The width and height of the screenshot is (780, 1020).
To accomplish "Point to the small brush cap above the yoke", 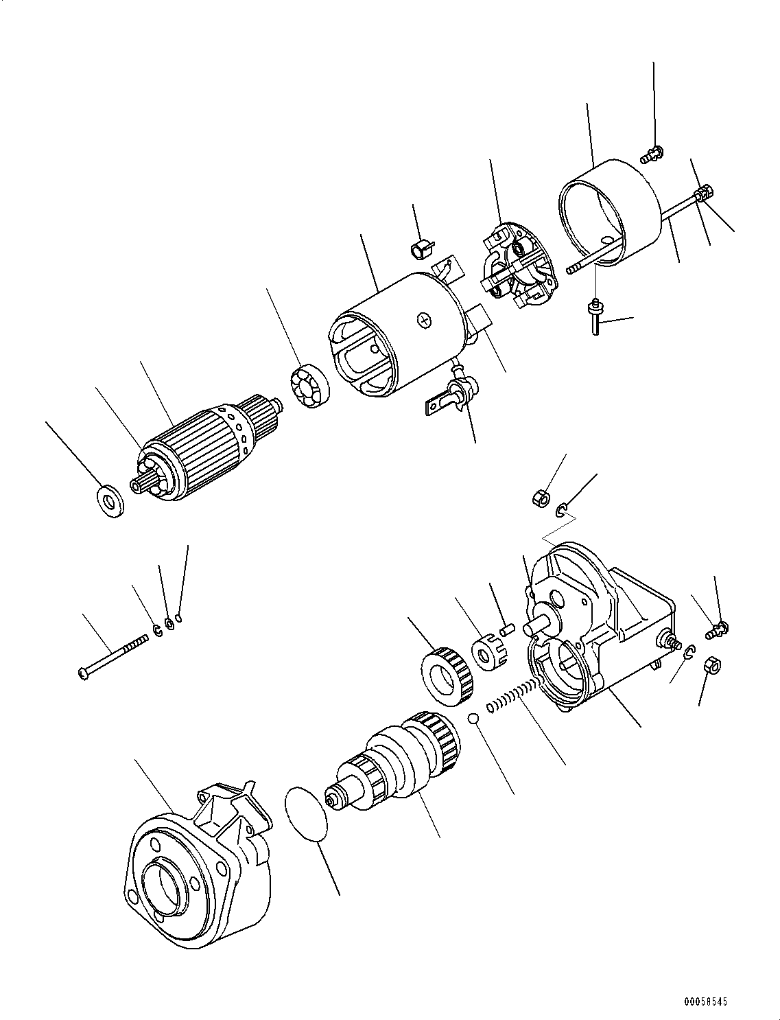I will pyautogui.click(x=421, y=248).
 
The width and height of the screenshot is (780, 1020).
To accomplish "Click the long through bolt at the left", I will pyautogui.click(x=113, y=658).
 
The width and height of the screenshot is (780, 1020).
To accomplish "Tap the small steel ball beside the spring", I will pyautogui.click(x=473, y=719).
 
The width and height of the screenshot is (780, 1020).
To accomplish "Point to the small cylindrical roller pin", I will pyautogui.click(x=507, y=627).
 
